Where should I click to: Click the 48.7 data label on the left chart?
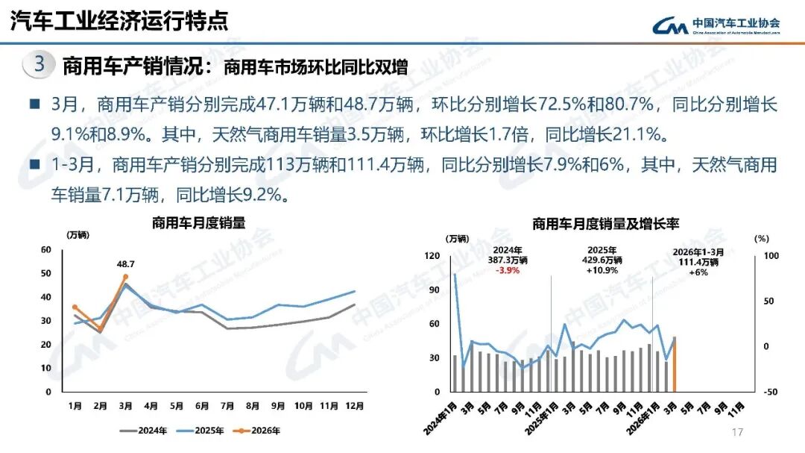pos(125,263)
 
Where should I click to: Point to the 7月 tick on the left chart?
pos(227,406)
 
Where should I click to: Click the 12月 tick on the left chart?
pos(354,406)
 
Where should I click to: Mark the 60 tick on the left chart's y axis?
pos(46,250)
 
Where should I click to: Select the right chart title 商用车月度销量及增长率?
pos(605,223)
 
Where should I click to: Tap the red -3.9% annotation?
pos(508,270)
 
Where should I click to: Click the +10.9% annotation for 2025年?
pos(602,270)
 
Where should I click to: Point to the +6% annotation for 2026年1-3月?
pos(698,272)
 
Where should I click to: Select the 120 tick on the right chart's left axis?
pos(432,256)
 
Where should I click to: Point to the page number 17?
pos(738,433)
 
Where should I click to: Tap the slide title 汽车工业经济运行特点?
pos(119,21)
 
